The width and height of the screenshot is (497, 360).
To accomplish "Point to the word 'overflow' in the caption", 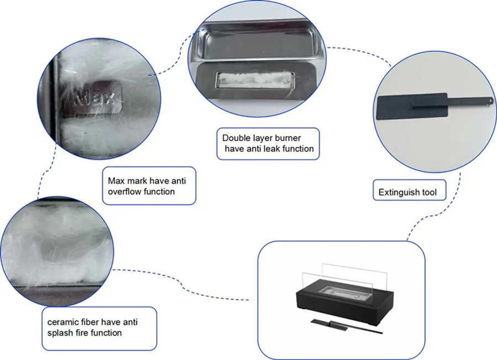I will tap(125, 192).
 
